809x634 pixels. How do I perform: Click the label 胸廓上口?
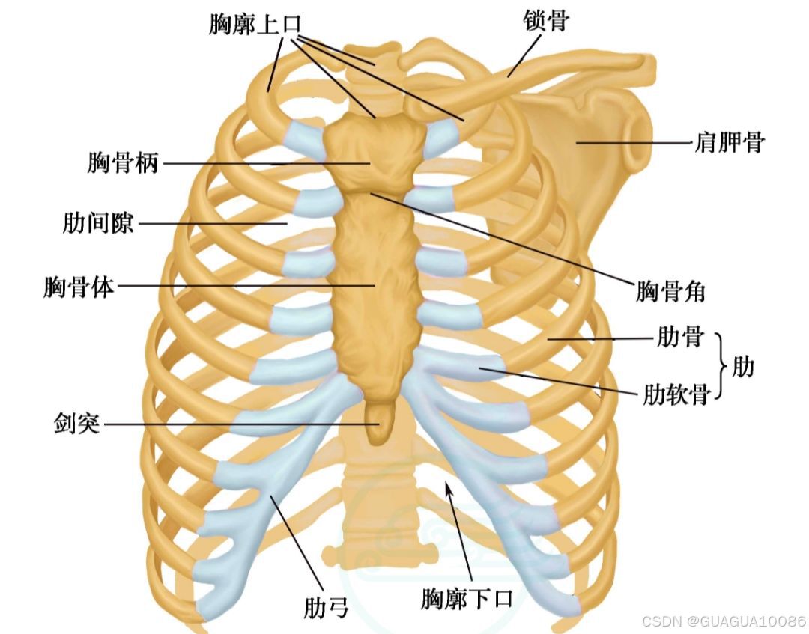pos(255,25)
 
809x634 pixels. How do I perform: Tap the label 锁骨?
pos(545,21)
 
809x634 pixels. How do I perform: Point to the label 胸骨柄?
pos(123,162)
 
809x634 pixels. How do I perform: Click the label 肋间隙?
pos(98,222)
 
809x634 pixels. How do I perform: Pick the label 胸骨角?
pos(670,291)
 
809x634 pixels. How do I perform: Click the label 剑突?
pos(76,424)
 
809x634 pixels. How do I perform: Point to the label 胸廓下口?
pos(466,599)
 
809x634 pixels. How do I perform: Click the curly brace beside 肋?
pos(723,367)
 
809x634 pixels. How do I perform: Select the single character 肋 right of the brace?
pos(745,367)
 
